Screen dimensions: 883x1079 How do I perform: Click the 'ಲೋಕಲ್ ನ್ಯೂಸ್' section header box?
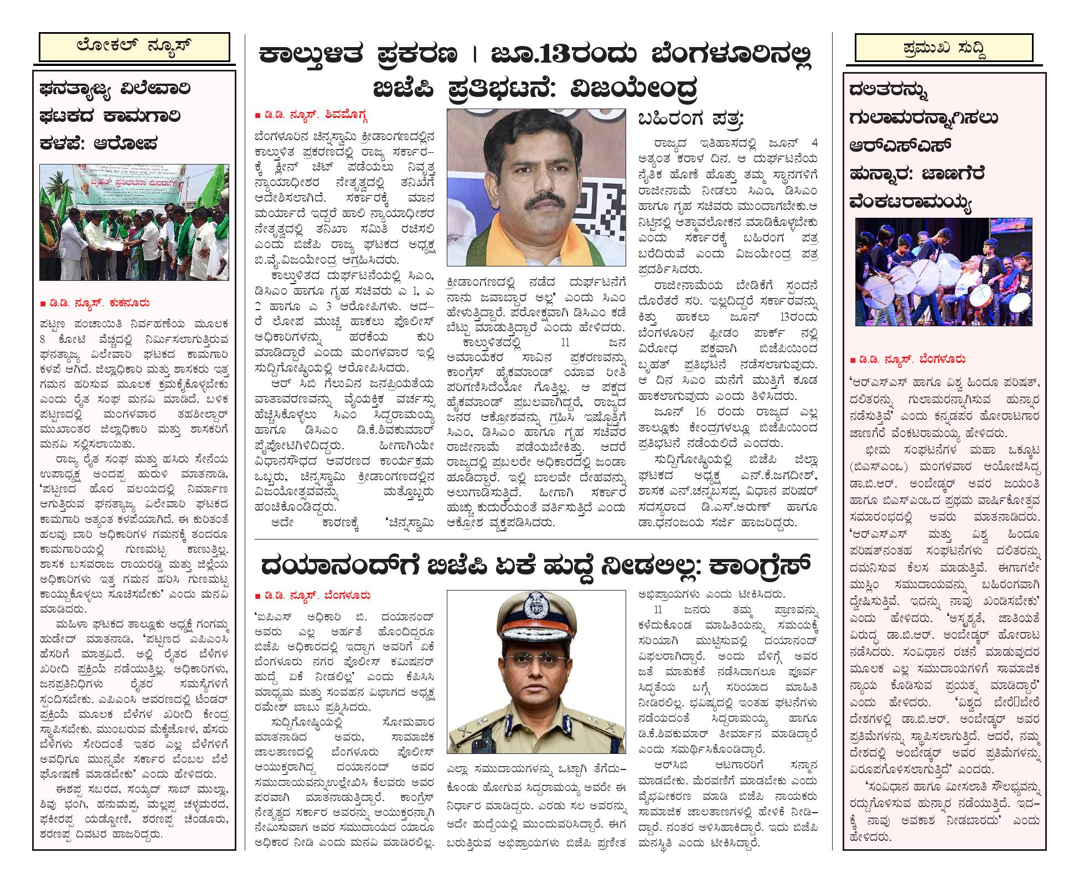pos(134,47)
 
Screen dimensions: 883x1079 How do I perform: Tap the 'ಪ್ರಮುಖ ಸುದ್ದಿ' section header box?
pos(943,48)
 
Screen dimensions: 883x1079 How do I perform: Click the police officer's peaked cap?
pos(536,618)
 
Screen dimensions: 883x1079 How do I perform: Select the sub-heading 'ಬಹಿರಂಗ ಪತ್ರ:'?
pos(691,119)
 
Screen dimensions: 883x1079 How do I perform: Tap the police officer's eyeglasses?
pos(536,664)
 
